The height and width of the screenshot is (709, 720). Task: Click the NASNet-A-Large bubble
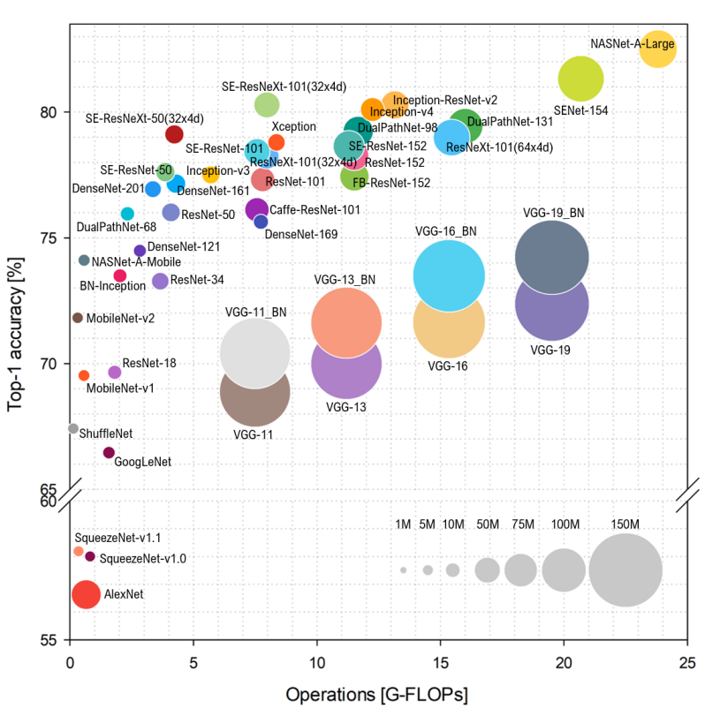[x=657, y=50]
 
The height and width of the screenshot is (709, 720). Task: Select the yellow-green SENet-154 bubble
[x=580, y=79]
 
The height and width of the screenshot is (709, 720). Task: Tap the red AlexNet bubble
[x=86, y=594]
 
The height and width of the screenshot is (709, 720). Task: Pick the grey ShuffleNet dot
[x=73, y=428]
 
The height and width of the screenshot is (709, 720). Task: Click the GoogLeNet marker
[x=109, y=452]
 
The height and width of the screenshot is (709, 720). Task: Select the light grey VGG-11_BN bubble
[x=254, y=352]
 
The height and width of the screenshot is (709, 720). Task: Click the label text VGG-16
[x=447, y=366]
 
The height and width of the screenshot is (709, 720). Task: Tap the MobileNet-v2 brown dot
[x=78, y=318]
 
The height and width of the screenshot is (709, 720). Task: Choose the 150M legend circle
[x=625, y=570]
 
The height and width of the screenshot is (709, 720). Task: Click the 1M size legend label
[x=403, y=524]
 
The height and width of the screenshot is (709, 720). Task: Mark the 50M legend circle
[x=488, y=570]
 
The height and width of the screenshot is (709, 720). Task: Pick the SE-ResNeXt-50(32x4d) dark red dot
[x=174, y=134]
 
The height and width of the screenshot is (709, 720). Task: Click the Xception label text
[x=293, y=126]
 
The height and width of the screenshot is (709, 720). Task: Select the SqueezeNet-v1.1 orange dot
[x=79, y=551]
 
